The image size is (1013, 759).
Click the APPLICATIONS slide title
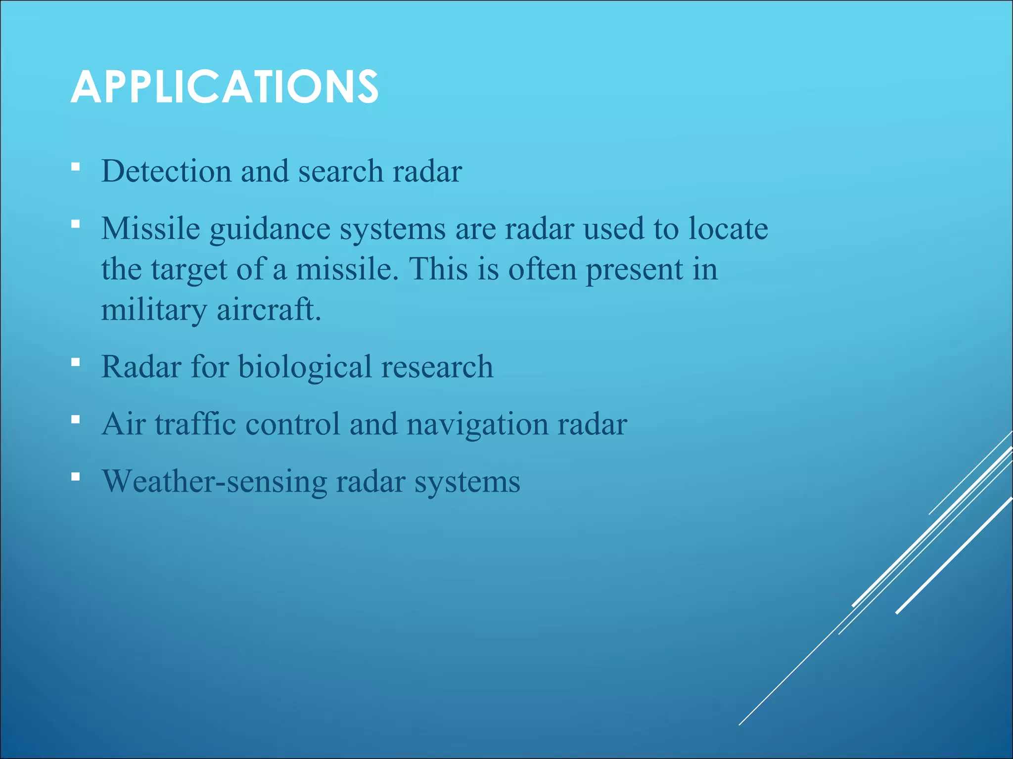point(224,87)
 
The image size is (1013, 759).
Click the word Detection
point(166,171)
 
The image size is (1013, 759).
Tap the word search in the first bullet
point(341,171)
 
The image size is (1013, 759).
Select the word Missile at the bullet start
point(150,229)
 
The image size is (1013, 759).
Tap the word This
point(438,269)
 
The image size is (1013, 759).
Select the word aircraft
point(269,310)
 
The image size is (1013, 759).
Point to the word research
point(437,367)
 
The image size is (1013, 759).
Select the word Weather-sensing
point(214,482)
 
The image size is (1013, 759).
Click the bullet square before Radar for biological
point(75,362)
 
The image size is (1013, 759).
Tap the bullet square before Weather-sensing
point(75,477)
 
